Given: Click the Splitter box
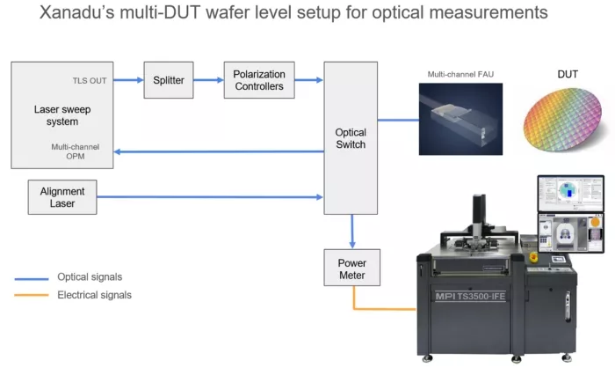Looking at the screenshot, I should [x=168, y=80].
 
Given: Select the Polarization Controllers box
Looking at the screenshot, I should [x=258, y=80].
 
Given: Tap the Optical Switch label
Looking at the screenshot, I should [x=351, y=138].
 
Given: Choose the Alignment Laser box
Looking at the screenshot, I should [x=62, y=196].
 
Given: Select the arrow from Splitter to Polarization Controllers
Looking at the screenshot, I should [x=208, y=80].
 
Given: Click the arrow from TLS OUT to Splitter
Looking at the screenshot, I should [x=127, y=80].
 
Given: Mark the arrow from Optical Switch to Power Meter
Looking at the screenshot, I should [x=351, y=231].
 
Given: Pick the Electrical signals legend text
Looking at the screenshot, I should [x=95, y=295].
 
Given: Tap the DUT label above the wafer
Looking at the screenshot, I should [x=568, y=74].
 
